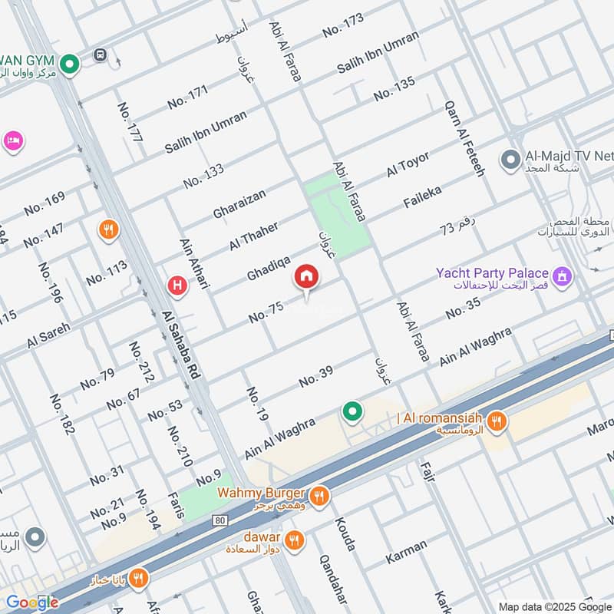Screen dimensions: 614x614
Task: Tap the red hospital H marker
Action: coord(177,286)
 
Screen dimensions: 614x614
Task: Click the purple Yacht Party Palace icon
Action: coord(563,274)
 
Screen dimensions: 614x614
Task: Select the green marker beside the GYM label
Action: coord(71,64)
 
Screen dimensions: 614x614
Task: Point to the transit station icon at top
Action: coord(99,54)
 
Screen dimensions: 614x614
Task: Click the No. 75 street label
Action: coord(266,312)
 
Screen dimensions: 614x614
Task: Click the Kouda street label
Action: coord(345,533)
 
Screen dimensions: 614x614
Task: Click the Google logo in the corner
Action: coord(32,602)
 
